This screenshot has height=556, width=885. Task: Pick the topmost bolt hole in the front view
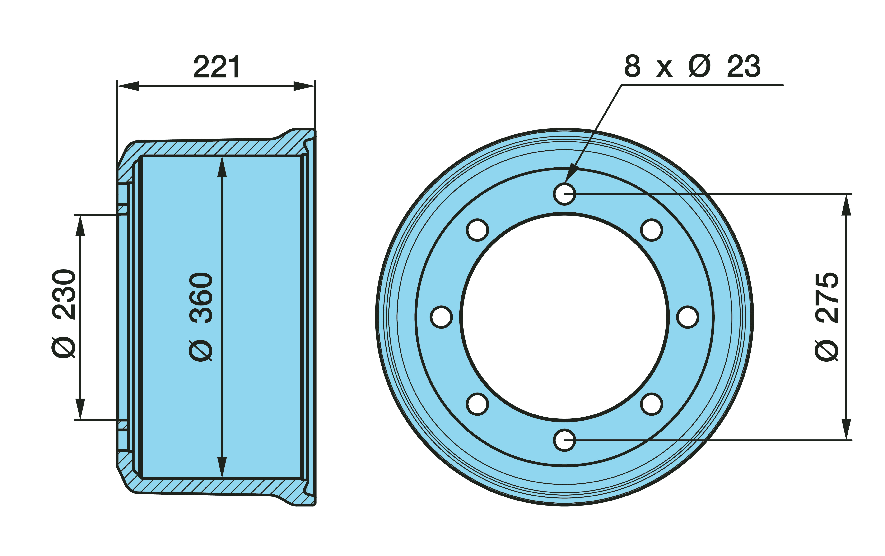coord(564,193)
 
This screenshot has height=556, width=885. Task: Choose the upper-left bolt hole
coord(477,230)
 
